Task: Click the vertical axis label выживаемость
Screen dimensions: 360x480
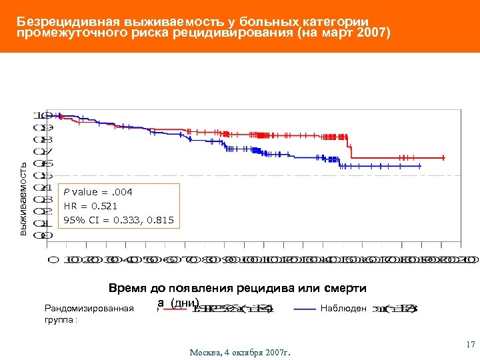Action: (23, 198)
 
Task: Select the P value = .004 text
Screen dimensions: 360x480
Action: (98, 192)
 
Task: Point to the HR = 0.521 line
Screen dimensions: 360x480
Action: (90, 206)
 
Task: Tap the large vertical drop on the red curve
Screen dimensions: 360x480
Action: (351, 148)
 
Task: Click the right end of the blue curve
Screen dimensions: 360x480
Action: (420, 165)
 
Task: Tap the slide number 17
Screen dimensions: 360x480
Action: (470, 345)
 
